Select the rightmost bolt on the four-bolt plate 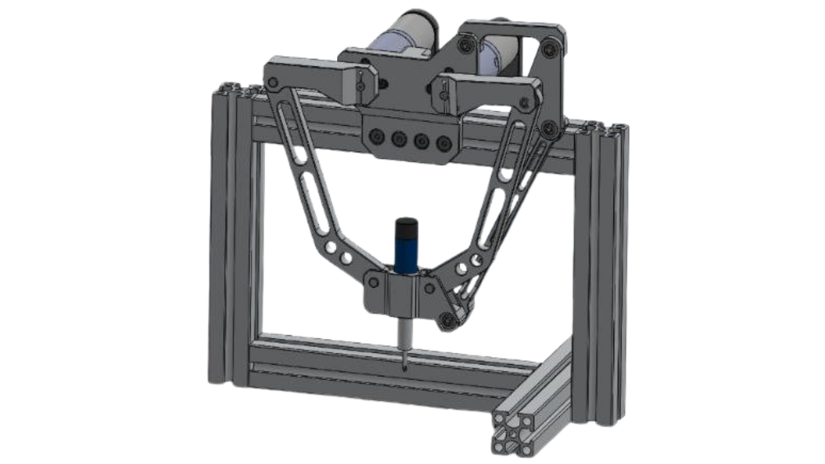[x=445, y=143]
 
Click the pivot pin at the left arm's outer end [x=273, y=82]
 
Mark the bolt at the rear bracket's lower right [x=550, y=127]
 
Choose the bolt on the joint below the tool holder [x=448, y=320]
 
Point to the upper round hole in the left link [x=331, y=247]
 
